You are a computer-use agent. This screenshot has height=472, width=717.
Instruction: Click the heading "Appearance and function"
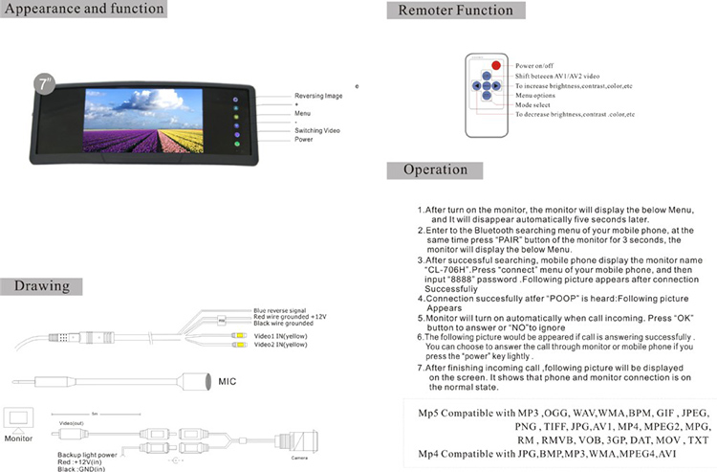coord(85,10)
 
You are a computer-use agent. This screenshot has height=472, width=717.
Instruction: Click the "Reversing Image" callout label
coord(320,96)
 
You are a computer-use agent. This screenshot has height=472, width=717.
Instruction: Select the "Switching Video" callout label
coord(316,130)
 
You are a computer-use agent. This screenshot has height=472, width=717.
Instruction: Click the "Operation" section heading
coord(435,170)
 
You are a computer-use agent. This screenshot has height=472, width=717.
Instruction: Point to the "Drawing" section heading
coord(42,286)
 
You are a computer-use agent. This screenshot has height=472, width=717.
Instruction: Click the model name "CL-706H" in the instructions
coord(445,270)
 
